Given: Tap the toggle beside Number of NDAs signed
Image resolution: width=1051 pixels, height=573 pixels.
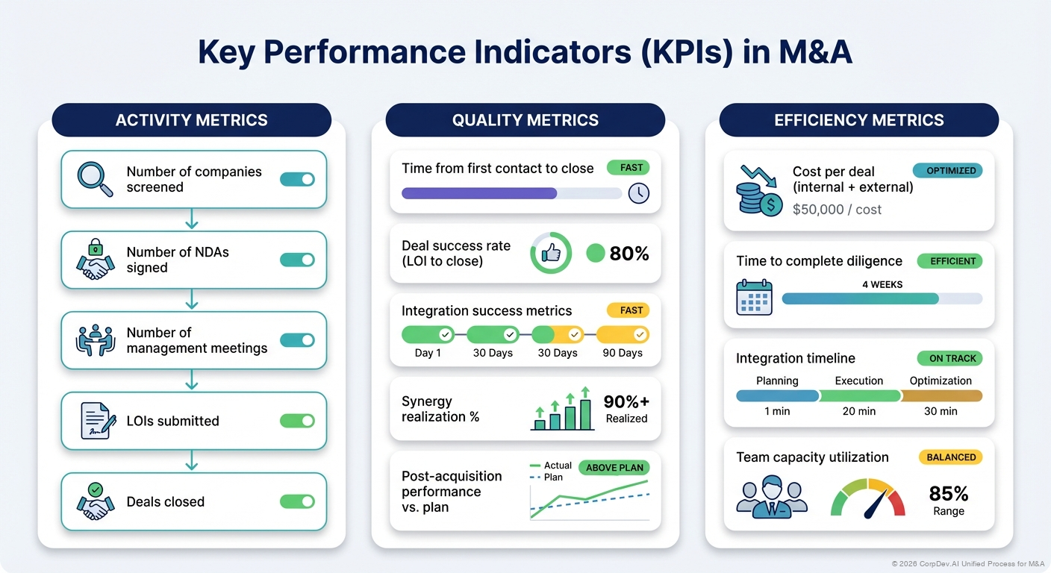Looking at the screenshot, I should coord(297,260).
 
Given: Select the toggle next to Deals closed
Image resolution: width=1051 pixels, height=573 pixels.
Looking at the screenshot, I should coord(297,501).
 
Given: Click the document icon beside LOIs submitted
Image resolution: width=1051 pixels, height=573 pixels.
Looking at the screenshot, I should coord(97,421).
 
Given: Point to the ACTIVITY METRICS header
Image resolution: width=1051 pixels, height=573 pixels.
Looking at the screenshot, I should coord(191,120).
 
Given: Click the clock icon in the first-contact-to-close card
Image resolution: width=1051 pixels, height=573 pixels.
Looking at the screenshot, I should coord(638,193).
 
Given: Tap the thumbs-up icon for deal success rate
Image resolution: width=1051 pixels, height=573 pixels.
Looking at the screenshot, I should coord(551,254).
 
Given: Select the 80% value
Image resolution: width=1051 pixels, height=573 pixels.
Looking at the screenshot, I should coord(629,254).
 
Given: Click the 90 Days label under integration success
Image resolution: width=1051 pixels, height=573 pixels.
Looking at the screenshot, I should coord(623,353).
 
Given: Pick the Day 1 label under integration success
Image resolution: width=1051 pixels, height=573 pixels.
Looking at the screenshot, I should coord(428,353).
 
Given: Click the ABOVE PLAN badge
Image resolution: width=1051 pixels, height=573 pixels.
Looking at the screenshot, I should coord(614,468).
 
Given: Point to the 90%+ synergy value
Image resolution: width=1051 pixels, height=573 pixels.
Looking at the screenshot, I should coord(626,401).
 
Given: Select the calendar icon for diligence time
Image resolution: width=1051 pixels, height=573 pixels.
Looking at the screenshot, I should coord(755,298).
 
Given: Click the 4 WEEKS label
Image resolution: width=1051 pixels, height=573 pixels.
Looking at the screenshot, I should coord(882,284).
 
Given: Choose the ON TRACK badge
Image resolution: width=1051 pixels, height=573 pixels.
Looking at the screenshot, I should coord(952,358).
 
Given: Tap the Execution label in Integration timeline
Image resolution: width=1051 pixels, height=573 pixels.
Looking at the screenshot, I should coord(859,381).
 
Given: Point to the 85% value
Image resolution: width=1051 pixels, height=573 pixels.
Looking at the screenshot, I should coord(948,493).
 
